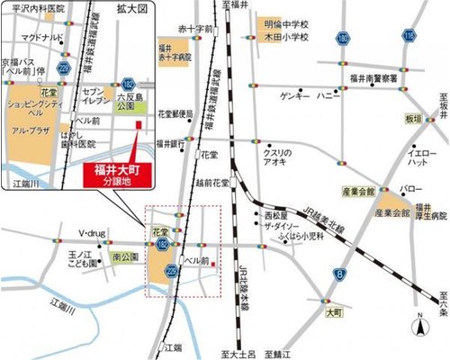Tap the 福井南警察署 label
(371, 79)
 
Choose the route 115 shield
(409, 35)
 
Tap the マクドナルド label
(44, 38)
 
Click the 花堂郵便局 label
(175, 114)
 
